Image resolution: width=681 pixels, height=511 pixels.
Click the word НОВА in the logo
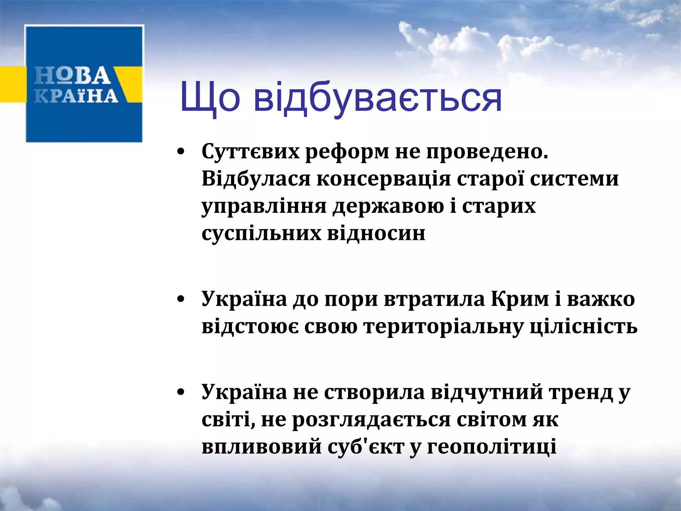(x=72, y=76)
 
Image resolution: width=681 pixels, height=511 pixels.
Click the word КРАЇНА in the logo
(x=76, y=96)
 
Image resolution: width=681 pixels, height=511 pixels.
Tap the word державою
(x=388, y=206)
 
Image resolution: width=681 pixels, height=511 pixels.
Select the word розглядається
(x=371, y=420)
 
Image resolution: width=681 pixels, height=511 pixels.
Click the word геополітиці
(x=491, y=446)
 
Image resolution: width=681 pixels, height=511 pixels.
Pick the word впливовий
(x=261, y=446)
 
